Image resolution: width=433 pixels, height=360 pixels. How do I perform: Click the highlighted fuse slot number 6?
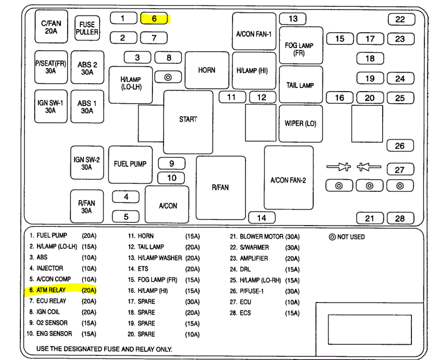pos(154,18)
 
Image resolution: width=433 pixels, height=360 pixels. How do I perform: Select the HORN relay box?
pos(207,70)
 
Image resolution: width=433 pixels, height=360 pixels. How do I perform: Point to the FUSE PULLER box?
pos(87,28)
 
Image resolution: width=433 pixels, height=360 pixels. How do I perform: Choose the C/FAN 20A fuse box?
pos(51,26)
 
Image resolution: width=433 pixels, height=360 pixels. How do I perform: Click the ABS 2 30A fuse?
pos(87,67)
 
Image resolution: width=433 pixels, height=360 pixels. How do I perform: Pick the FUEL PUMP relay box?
pos(130,164)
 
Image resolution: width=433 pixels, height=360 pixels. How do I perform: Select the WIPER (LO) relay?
pos(301,123)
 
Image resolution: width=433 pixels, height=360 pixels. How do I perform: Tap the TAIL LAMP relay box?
pos(301,85)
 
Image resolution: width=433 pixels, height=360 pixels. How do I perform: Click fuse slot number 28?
pos(400,218)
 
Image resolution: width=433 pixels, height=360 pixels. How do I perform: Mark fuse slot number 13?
pos(293,18)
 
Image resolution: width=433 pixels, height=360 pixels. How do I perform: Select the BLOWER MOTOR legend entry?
pos(264,236)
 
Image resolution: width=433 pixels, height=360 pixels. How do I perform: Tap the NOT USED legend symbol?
pos(332,237)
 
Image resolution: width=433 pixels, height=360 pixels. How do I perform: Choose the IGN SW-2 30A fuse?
pos(87,162)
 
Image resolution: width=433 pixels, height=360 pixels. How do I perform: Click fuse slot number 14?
pos(261,218)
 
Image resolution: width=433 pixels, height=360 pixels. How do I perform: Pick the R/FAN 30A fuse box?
pos(87,206)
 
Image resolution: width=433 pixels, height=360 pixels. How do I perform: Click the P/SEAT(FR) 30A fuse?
pos(51,67)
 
